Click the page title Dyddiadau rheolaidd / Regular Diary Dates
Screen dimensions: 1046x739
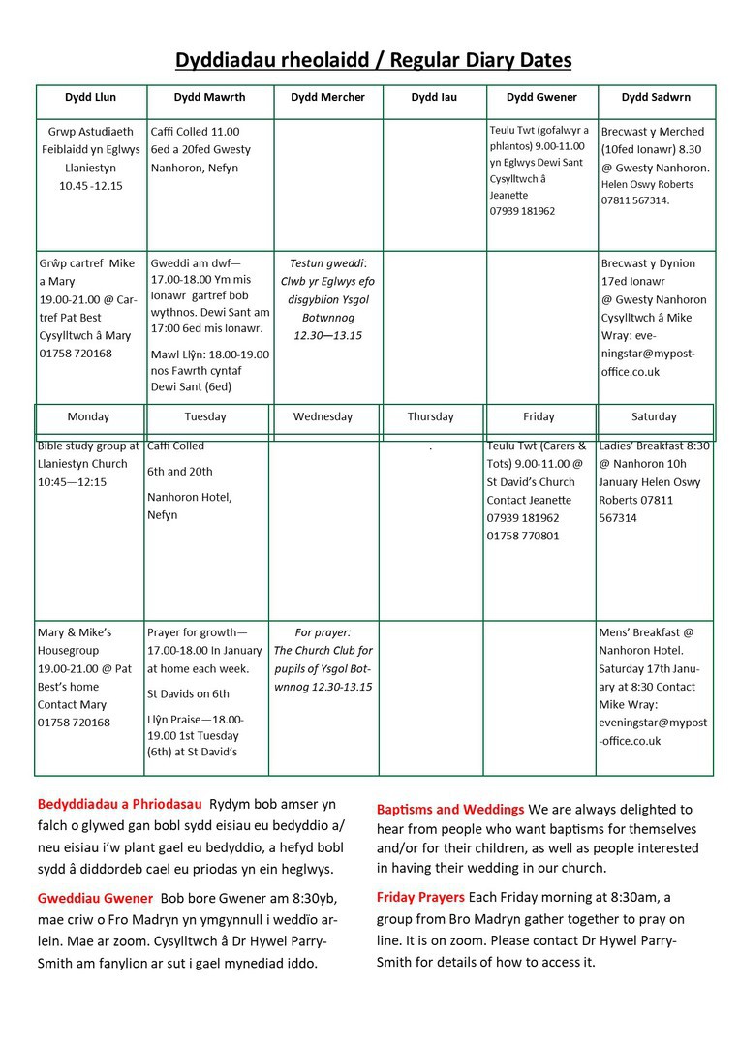tap(373, 61)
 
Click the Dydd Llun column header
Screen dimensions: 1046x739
tap(91, 97)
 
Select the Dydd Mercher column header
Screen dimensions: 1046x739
tap(327, 97)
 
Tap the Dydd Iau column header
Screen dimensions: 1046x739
tap(433, 97)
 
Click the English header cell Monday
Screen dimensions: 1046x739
tap(88, 416)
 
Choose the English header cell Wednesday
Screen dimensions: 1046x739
tap(323, 416)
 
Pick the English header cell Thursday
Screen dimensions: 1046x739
tap(430, 416)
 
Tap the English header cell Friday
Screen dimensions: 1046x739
tap(539, 416)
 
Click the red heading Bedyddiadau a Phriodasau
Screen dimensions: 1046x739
tap(119, 804)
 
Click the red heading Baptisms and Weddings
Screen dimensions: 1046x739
tap(450, 809)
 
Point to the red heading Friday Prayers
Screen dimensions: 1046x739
tap(420, 897)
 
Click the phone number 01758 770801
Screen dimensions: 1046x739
tap(523, 536)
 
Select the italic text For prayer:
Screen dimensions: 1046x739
tap(323, 632)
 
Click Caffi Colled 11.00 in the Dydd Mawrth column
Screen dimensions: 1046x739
tap(195, 132)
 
